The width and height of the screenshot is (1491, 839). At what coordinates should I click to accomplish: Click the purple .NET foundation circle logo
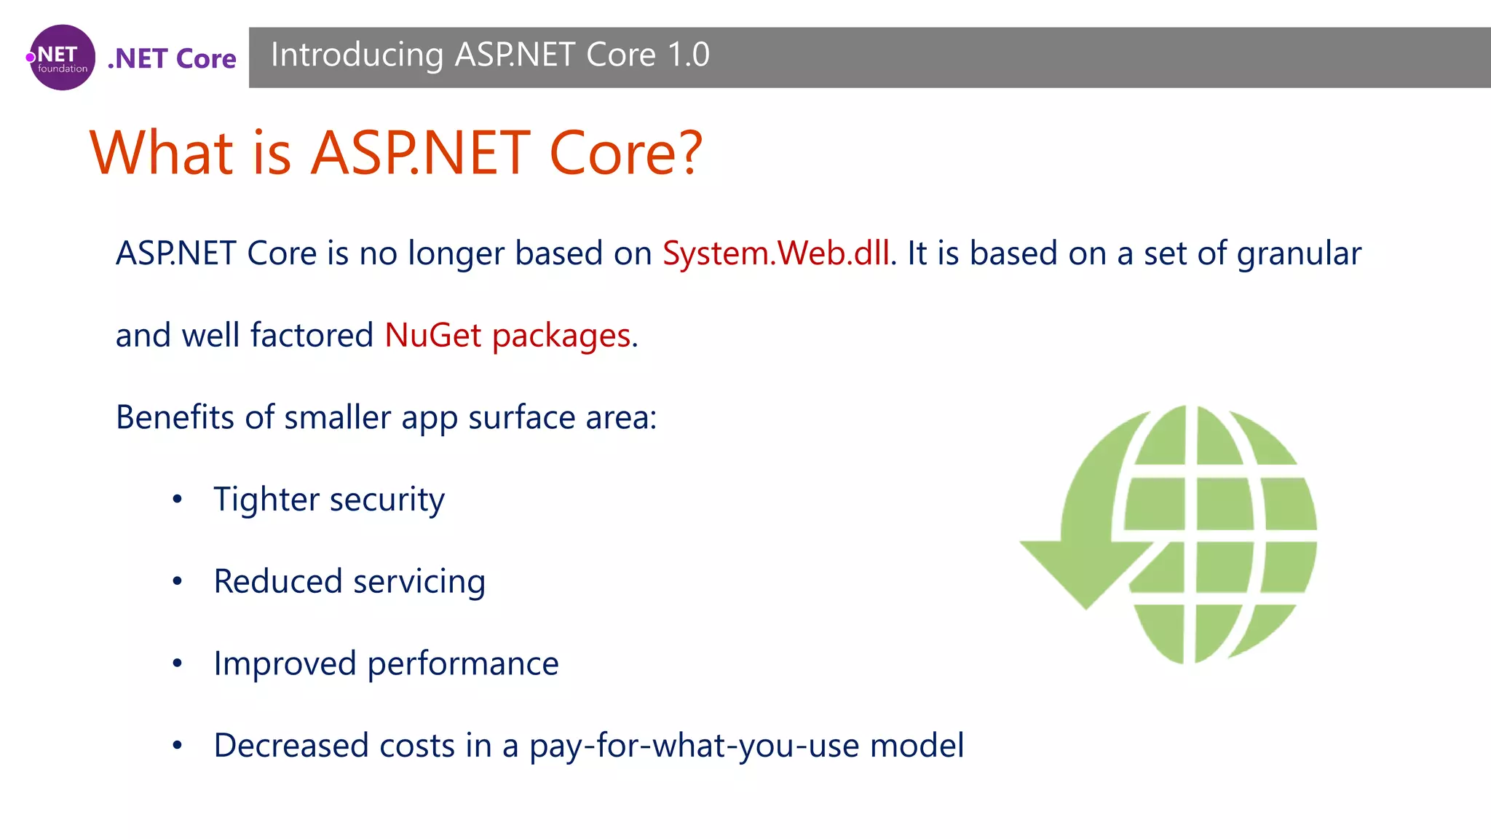[62, 58]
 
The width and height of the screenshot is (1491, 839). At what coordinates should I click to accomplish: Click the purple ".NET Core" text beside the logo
[172, 58]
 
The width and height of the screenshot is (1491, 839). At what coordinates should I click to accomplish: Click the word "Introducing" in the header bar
[357, 55]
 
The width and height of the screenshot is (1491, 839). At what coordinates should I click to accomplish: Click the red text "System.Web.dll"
[775, 253]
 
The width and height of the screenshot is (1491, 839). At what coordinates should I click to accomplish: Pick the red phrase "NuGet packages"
[507, 336]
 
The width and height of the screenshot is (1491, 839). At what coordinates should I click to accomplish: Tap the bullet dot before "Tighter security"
[177, 500]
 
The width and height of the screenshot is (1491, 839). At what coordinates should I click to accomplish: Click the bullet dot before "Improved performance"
[177, 663]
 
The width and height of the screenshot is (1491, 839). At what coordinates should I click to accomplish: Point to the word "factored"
[312, 336]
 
